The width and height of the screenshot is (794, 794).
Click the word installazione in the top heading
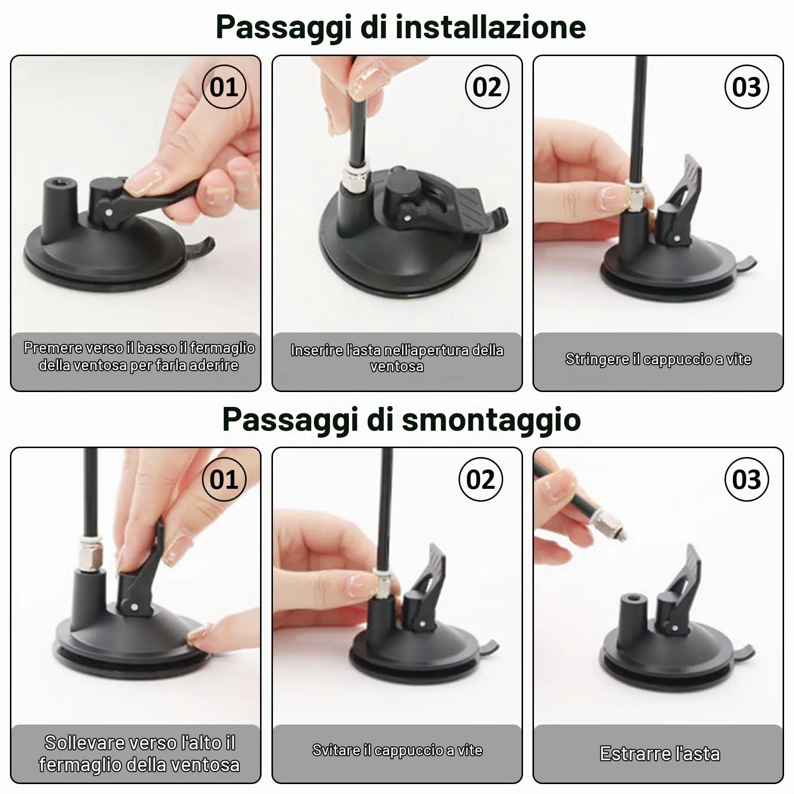click(x=490, y=27)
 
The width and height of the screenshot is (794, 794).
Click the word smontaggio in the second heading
click(x=491, y=420)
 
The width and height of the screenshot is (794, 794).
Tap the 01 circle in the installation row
click(x=224, y=87)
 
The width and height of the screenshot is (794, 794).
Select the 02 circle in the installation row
click(x=487, y=87)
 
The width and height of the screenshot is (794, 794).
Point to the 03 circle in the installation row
click(x=747, y=87)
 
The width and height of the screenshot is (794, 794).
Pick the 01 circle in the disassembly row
click(x=224, y=479)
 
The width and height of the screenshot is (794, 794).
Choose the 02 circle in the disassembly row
click(x=480, y=479)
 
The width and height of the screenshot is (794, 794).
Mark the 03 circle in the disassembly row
click(x=747, y=479)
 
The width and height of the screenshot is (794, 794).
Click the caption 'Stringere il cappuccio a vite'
click(x=658, y=359)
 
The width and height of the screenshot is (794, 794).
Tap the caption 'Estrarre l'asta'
click(x=660, y=754)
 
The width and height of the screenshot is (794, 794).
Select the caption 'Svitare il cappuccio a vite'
click(x=397, y=750)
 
